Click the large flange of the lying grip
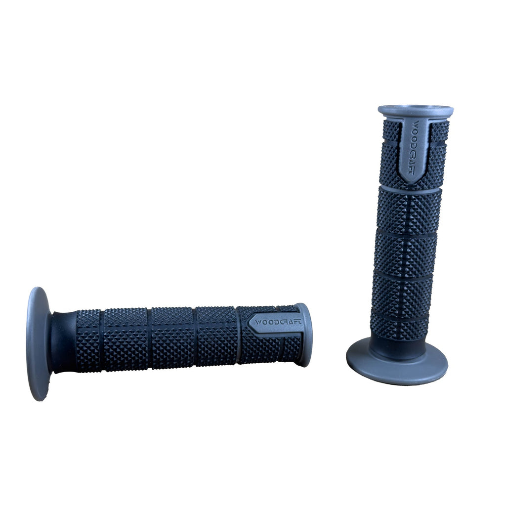(37, 344)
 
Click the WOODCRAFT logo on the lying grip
(278, 322)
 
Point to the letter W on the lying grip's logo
(258, 322)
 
